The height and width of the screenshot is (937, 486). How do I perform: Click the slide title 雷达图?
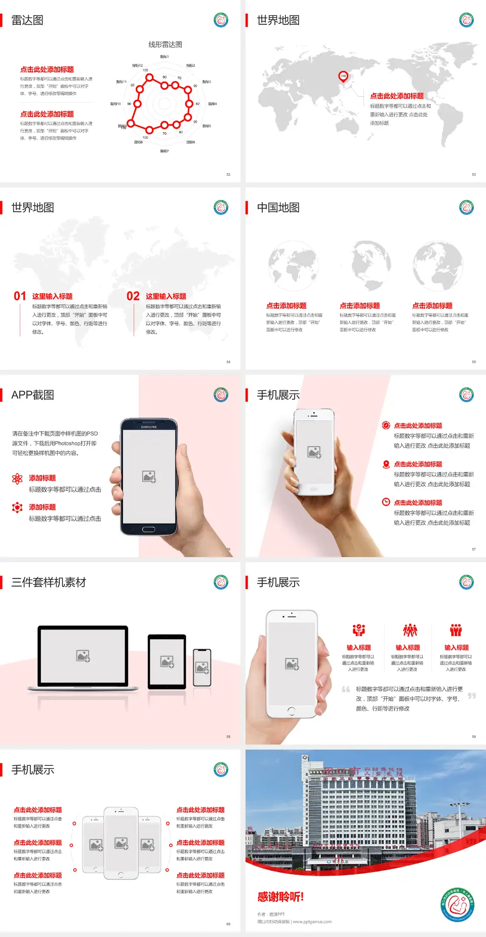(27, 20)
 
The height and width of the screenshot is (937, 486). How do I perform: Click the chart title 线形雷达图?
(165, 45)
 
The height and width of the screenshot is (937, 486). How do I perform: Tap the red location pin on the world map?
(343, 76)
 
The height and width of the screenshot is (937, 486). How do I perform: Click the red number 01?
(20, 296)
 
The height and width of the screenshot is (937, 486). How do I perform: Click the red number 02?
(133, 296)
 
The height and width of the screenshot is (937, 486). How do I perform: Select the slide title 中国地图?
(278, 208)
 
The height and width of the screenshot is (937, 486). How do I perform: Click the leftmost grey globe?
(293, 266)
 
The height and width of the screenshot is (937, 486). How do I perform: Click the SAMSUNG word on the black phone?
(149, 427)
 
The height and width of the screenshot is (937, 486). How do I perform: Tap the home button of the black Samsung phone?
(148, 529)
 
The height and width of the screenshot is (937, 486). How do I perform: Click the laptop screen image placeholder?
(83, 656)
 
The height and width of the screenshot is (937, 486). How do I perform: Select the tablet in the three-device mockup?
(167, 661)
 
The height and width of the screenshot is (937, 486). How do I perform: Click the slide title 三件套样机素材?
(49, 582)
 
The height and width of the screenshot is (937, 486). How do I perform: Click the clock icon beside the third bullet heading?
(386, 502)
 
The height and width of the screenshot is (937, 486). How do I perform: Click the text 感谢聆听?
(280, 897)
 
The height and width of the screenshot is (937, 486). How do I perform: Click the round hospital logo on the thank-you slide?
(457, 904)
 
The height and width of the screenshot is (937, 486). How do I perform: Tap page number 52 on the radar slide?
(228, 174)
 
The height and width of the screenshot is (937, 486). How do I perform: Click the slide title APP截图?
(33, 395)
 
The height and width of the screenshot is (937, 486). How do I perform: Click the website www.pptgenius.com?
(312, 922)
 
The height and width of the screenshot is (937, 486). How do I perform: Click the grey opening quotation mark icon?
(346, 689)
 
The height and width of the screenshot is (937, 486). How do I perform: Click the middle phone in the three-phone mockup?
(121, 843)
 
